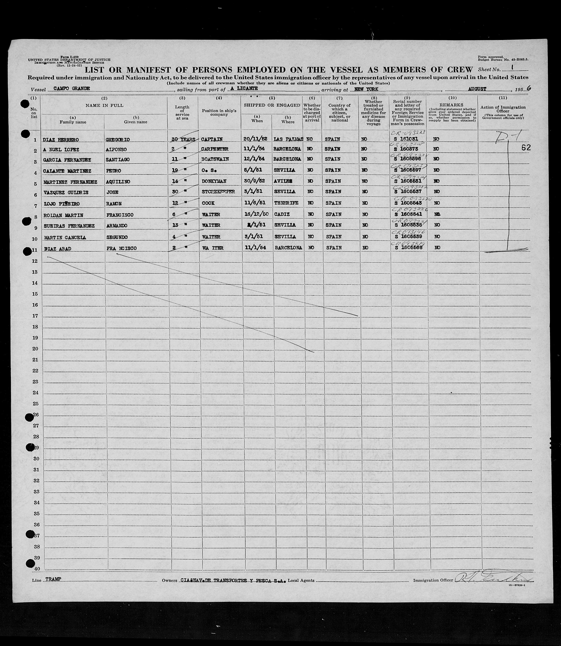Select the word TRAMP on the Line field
[x=53, y=579]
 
